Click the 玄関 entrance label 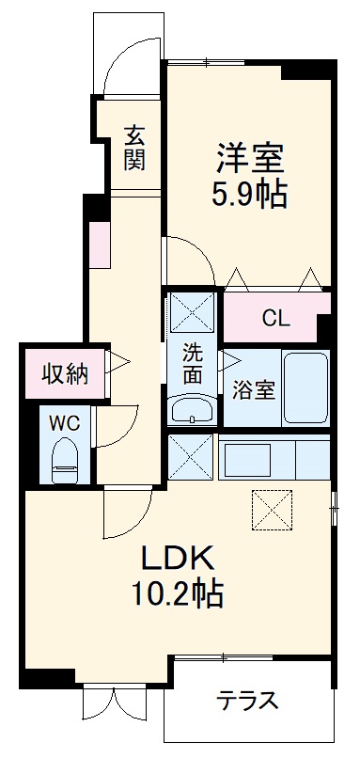coord(135,148)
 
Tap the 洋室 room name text coord(250,156)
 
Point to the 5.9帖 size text coord(250,195)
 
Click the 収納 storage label coord(64,374)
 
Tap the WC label coord(64,422)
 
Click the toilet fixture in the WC coord(65,460)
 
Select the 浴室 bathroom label coord(252,388)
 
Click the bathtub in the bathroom coord(305,388)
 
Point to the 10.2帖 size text coord(181,595)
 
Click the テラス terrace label coord(248,701)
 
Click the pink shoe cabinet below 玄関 coord(99,243)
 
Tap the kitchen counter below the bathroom coord(274,456)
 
